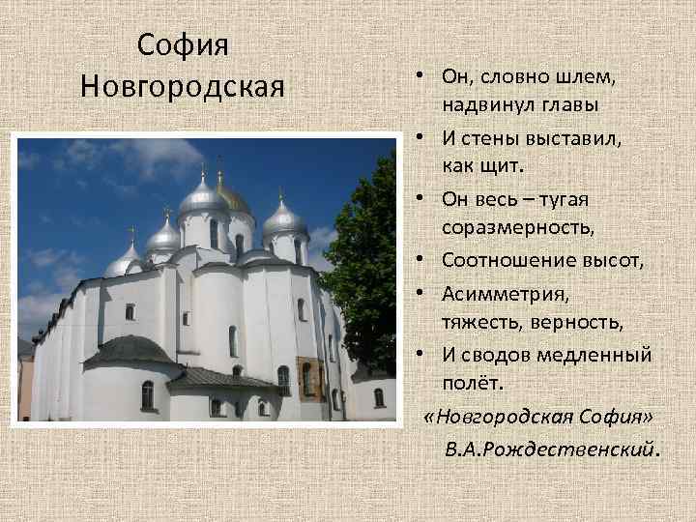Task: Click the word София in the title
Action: click(x=183, y=44)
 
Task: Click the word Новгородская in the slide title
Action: click(x=183, y=86)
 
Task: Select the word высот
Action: click(x=610, y=260)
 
